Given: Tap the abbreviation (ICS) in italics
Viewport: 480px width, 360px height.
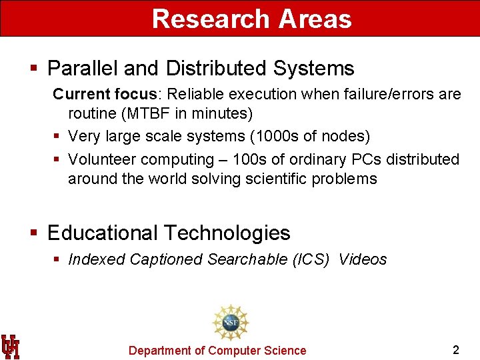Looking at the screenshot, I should (311, 259).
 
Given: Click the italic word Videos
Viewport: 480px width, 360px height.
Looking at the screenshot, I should (363, 259).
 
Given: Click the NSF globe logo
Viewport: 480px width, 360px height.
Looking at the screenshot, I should (230, 323).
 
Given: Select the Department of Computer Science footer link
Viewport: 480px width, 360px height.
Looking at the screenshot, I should (217, 351).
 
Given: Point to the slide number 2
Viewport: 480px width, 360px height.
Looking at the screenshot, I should (456, 350).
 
